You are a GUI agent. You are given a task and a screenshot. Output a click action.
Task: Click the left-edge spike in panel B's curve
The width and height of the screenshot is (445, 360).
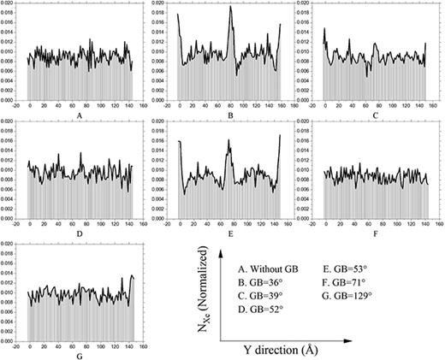(x=178, y=15)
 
